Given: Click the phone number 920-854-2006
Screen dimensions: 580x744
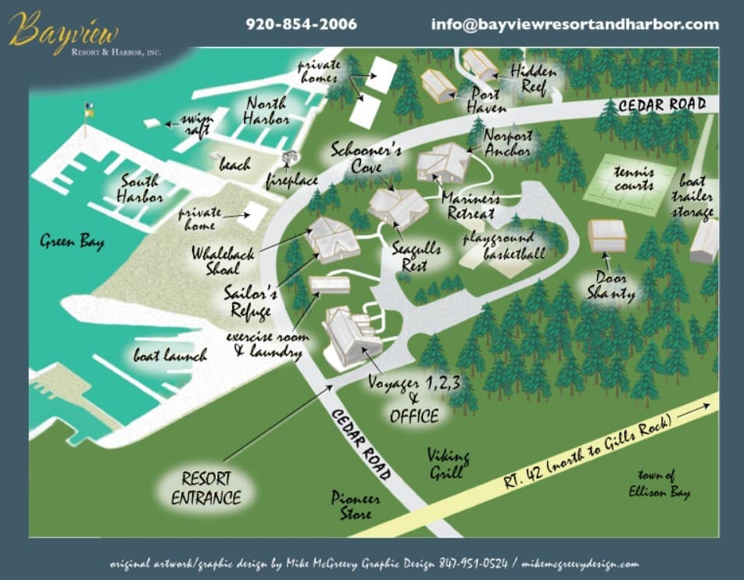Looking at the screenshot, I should (301, 24).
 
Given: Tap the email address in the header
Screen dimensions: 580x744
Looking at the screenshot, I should (574, 24).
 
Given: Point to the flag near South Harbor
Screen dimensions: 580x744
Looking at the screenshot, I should (88, 112).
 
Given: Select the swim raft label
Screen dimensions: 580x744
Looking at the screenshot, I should (197, 124).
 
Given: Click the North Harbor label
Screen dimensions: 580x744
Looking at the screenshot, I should (266, 110).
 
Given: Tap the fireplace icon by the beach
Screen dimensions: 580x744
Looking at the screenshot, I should (291, 159).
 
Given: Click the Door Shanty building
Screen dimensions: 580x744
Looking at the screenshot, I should (607, 235).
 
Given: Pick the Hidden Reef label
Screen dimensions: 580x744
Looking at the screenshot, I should (533, 79).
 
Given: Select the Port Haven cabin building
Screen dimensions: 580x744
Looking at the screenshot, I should (438, 84).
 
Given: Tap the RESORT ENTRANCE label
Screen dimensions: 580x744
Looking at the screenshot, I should (206, 487).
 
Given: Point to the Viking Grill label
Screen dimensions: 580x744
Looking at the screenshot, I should (448, 463).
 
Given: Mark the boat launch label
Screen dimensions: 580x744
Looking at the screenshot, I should (170, 355).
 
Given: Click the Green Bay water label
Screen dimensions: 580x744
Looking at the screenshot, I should (72, 242).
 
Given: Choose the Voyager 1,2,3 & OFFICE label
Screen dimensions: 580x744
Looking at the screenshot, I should (414, 399).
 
